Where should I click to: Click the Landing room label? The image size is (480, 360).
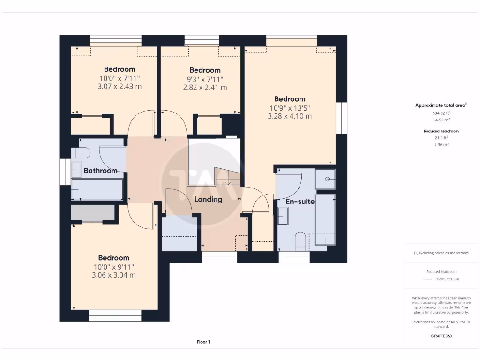(208, 199)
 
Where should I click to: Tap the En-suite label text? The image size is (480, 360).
(300, 202)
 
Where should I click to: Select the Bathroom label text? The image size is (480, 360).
(100, 171)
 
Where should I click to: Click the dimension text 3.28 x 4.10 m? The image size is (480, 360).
(290, 116)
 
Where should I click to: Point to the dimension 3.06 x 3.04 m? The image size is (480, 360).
(114, 275)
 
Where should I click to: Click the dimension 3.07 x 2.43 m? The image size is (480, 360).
(120, 87)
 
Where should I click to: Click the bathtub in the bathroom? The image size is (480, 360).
(97, 189)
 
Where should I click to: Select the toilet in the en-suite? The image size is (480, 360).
(300, 242)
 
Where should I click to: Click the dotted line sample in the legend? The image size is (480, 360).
(427, 279)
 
